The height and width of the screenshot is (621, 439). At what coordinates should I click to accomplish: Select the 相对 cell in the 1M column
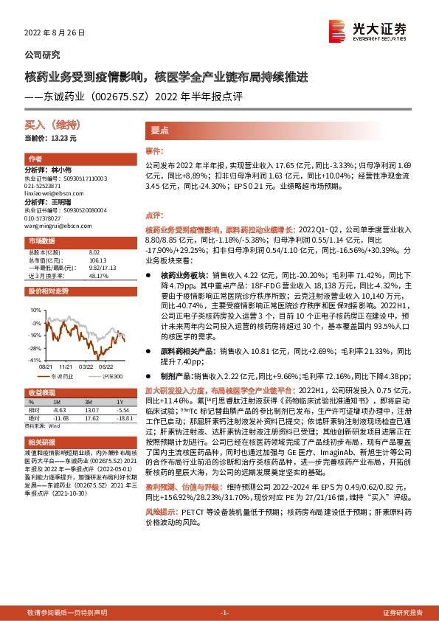(x=61, y=410)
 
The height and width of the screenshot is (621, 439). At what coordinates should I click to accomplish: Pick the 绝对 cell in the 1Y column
(x=122, y=417)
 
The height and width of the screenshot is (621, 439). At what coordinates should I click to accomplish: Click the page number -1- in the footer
(x=225, y=613)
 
